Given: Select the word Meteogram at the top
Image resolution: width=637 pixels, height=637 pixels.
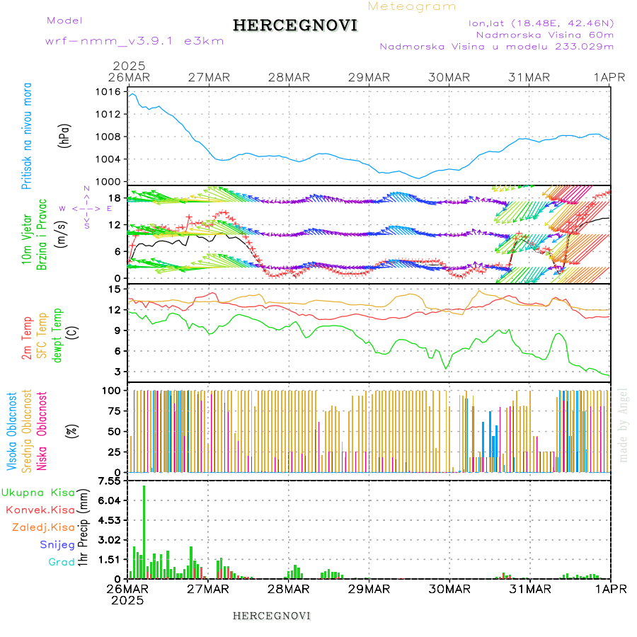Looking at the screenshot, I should click(x=413, y=6).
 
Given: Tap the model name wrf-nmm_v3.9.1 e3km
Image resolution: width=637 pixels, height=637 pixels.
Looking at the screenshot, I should click(x=134, y=41).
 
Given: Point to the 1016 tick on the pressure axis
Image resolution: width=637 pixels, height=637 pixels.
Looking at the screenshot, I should click(x=108, y=92).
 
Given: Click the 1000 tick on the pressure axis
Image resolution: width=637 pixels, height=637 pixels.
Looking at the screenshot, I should click(x=108, y=181).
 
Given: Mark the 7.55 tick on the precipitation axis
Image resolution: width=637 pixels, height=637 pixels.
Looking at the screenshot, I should click(x=110, y=481).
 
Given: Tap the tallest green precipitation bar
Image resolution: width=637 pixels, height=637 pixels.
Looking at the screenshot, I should click(x=144, y=531).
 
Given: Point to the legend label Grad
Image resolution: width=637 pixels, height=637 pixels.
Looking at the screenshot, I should click(x=61, y=562).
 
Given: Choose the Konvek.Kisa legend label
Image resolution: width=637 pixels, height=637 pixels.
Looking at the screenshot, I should click(x=40, y=510).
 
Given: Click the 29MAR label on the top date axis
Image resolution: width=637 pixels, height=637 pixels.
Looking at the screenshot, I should click(x=369, y=77).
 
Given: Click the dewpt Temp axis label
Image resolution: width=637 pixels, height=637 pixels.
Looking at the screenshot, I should click(x=57, y=335).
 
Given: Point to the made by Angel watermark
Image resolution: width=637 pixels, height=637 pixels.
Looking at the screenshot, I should click(x=624, y=425).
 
